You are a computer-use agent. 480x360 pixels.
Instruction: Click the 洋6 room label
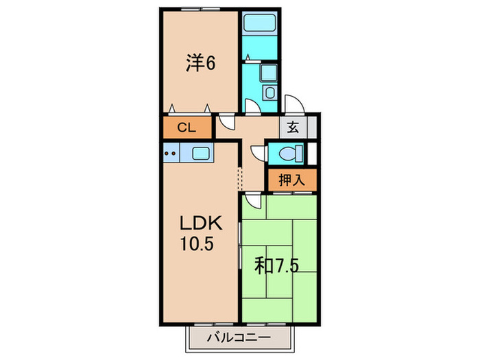pyautogui.click(x=201, y=64)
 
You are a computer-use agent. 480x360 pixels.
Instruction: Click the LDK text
pyautogui.click(x=200, y=224)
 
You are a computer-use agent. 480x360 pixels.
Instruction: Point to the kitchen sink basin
pyautogui.click(x=201, y=153)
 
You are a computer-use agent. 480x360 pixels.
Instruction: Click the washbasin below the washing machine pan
pyautogui.click(x=269, y=93)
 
